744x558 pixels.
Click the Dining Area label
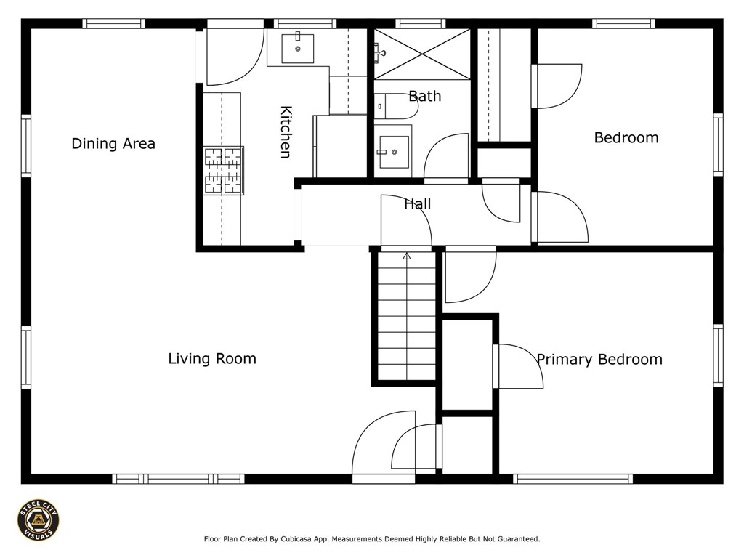113,143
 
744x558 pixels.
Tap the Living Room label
212,358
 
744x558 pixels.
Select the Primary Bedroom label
599,359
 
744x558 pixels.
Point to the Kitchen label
286,132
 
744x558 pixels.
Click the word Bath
424,97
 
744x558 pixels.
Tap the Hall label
418,204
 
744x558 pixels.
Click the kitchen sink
297,48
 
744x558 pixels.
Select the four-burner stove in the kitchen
224,170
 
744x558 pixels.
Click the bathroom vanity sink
393,152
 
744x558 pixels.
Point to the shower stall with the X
422,54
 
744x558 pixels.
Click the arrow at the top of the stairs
407,256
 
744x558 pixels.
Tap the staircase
407,315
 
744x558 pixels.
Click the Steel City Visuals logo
39,520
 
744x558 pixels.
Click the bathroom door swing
446,158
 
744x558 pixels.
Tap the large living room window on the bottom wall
179,479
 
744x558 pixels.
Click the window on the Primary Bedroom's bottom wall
573,479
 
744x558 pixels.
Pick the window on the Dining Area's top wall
114,24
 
